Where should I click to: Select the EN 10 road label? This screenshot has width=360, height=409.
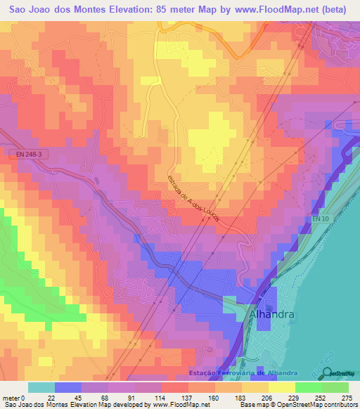tap(321, 221)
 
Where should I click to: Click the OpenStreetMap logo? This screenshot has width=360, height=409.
tap(341, 373)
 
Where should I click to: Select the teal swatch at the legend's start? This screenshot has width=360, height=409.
tap(41, 388)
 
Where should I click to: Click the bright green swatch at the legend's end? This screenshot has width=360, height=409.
tap(335, 388)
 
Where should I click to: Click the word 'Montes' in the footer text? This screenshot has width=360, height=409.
tap(57, 405)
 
